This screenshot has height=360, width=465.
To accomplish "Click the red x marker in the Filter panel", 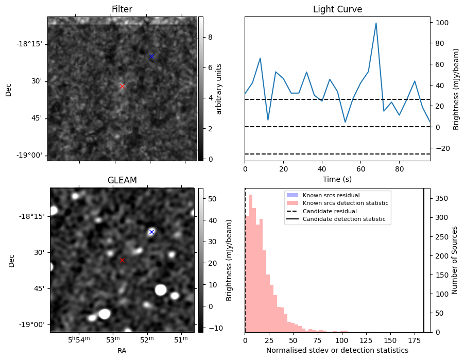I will [x=122, y=86].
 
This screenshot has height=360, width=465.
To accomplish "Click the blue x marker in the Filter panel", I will [x=151, y=56].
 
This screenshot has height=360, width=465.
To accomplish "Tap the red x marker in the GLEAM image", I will [x=122, y=260].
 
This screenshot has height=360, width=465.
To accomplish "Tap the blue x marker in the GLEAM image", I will [x=151, y=232].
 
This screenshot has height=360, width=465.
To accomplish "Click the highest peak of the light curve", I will [x=376, y=23].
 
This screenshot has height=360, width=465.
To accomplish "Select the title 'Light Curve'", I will [x=337, y=10].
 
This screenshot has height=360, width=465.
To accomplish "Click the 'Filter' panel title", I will [x=122, y=10].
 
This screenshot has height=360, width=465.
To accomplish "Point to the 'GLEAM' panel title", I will [x=122, y=180].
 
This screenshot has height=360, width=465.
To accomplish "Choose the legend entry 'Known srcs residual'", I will [x=331, y=196].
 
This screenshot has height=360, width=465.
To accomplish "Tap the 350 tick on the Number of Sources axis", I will [x=442, y=198].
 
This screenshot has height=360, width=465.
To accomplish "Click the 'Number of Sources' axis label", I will [x=455, y=260].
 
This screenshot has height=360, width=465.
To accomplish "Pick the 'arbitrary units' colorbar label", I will [x=218, y=89].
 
